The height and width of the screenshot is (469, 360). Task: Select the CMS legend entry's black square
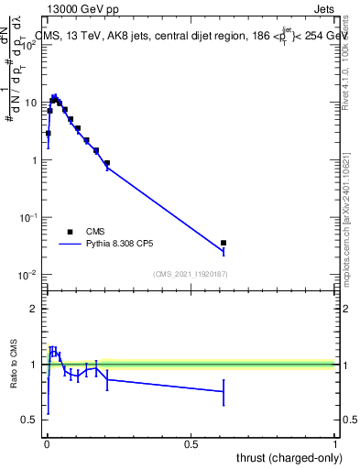point(70,232)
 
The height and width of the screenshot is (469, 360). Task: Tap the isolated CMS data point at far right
point(224,243)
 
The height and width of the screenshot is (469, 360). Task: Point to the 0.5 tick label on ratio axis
point(29,420)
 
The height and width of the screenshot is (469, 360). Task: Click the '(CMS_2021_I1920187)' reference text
point(190,274)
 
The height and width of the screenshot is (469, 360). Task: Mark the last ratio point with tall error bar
point(224,391)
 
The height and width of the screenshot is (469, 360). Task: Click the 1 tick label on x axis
point(336,444)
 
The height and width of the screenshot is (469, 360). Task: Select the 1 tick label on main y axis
point(33,160)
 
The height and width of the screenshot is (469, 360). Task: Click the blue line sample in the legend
point(70,245)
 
